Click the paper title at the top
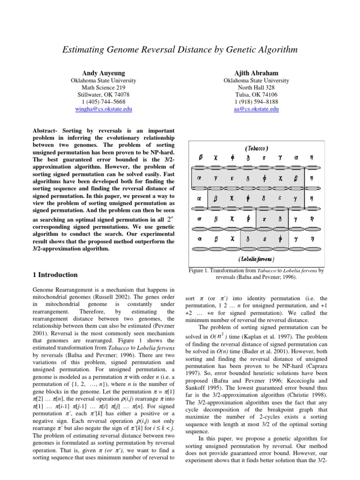coord(180,50)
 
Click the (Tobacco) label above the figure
coord(256,148)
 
